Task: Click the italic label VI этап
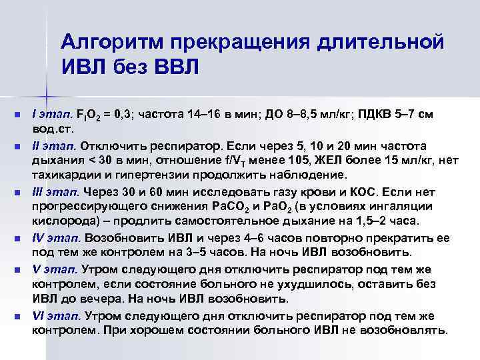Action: [56, 317]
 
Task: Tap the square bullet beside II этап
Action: [17, 146]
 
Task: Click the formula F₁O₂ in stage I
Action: [90, 115]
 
